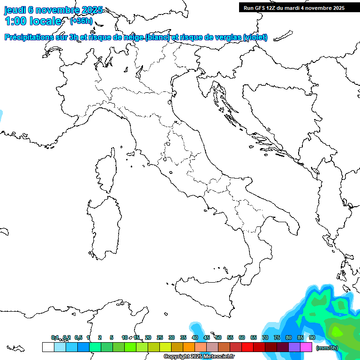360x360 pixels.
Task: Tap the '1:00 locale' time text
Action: pyautogui.click(x=33, y=21)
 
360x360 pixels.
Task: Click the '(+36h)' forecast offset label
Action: pyautogui.click(x=81, y=21)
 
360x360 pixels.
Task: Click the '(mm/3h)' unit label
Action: pyautogui.click(x=327, y=348)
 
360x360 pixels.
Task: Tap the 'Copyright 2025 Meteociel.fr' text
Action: pyautogui.click(x=199, y=357)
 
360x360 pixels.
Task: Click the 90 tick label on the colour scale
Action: pyautogui.click(x=312, y=337)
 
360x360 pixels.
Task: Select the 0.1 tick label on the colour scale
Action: pyautogui.click(x=55, y=337)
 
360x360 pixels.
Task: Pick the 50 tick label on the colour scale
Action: pyautogui.click(x=218, y=337)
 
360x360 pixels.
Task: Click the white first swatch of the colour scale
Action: pyautogui.click(x=48, y=347)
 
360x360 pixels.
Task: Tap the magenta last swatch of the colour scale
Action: pyautogui.click(x=306, y=347)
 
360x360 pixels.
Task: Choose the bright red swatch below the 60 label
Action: pyautogui.click(x=247, y=347)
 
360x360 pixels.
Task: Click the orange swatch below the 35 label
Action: pyautogui.click(x=189, y=347)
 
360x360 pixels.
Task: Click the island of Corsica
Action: pyautogui.click(x=105, y=171)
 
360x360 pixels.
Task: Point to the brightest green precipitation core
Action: pyautogui.click(x=337, y=331)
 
